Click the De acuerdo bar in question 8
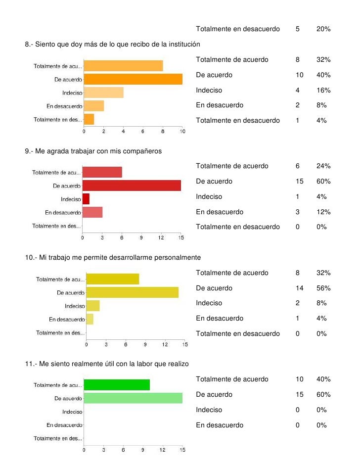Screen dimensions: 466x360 133,79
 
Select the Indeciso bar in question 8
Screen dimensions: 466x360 103,93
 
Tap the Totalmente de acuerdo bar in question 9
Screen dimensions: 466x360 102,172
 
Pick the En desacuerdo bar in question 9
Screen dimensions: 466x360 92,212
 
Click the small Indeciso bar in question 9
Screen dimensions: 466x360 86,199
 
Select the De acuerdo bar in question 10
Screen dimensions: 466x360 132,292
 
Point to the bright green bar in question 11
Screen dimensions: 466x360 117,385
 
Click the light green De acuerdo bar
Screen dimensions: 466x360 133,398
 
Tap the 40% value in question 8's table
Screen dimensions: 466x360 323,75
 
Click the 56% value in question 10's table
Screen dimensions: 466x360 323,288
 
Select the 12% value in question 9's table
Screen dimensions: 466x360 323,212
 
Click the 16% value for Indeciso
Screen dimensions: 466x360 323,90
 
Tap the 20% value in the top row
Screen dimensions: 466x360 323,29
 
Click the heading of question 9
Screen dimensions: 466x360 93,151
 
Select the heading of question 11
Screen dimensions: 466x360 107,364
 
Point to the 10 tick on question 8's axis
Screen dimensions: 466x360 182,132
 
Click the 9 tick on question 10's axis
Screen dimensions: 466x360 145,344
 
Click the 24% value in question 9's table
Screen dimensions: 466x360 323,166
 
